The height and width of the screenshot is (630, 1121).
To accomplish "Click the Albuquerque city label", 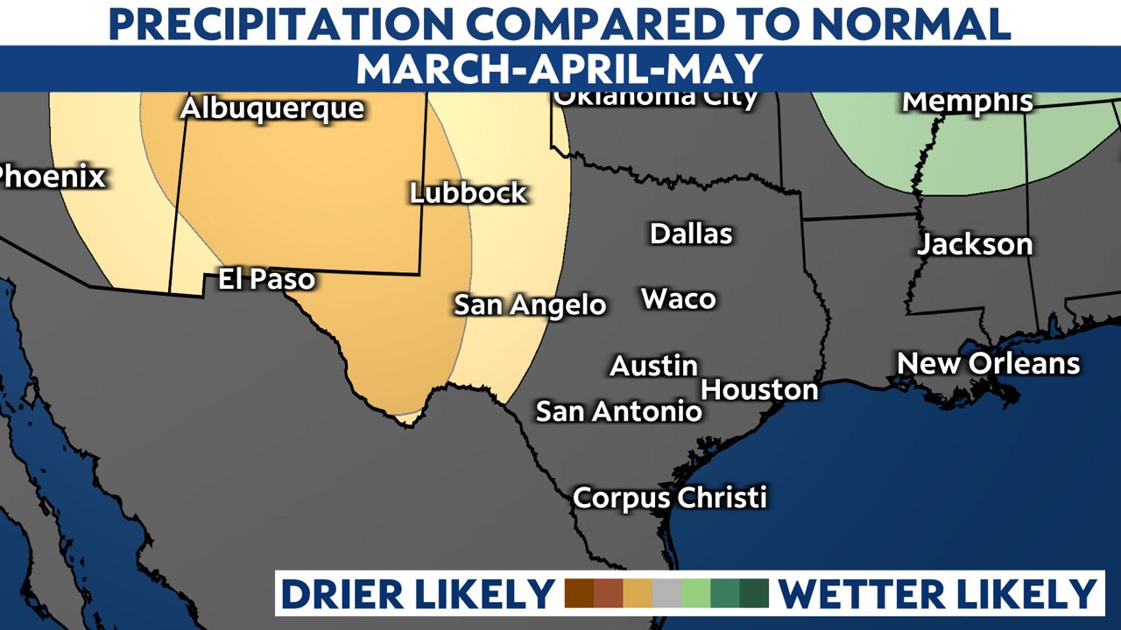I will pyautogui.click(x=271, y=109).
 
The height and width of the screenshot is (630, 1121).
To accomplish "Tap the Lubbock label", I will pyautogui.click(x=469, y=192).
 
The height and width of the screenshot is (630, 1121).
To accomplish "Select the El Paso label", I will pyautogui.click(x=265, y=279).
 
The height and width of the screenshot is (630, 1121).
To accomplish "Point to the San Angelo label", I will pyautogui.click(x=530, y=304).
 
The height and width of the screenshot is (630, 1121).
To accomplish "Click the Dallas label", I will pyautogui.click(x=691, y=234).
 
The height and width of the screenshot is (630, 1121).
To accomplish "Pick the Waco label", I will pyautogui.click(x=679, y=298).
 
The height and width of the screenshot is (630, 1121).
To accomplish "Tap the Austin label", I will pyautogui.click(x=653, y=365).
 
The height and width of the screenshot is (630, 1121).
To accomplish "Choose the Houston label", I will pyautogui.click(x=759, y=389).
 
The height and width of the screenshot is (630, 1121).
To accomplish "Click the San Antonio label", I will pyautogui.click(x=618, y=410).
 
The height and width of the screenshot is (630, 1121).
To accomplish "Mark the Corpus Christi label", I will pyautogui.click(x=670, y=498).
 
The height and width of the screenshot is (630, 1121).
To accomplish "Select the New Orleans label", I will pyautogui.click(x=988, y=363).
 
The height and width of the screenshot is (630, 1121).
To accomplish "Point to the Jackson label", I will pyautogui.click(x=975, y=244).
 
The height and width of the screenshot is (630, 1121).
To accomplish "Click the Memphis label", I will pyautogui.click(x=968, y=101).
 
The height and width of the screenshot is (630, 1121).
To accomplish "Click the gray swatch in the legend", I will pyautogui.click(x=666, y=593).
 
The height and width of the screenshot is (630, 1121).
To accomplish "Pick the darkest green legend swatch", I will pyautogui.click(x=753, y=593).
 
